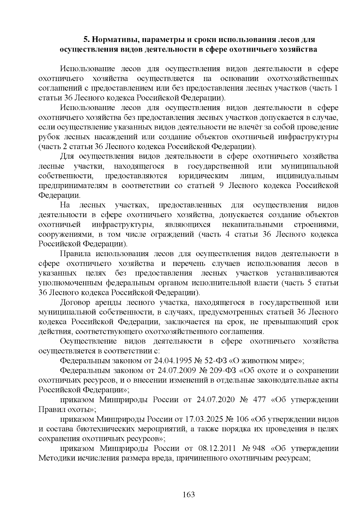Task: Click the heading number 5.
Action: [x=86, y=40]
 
